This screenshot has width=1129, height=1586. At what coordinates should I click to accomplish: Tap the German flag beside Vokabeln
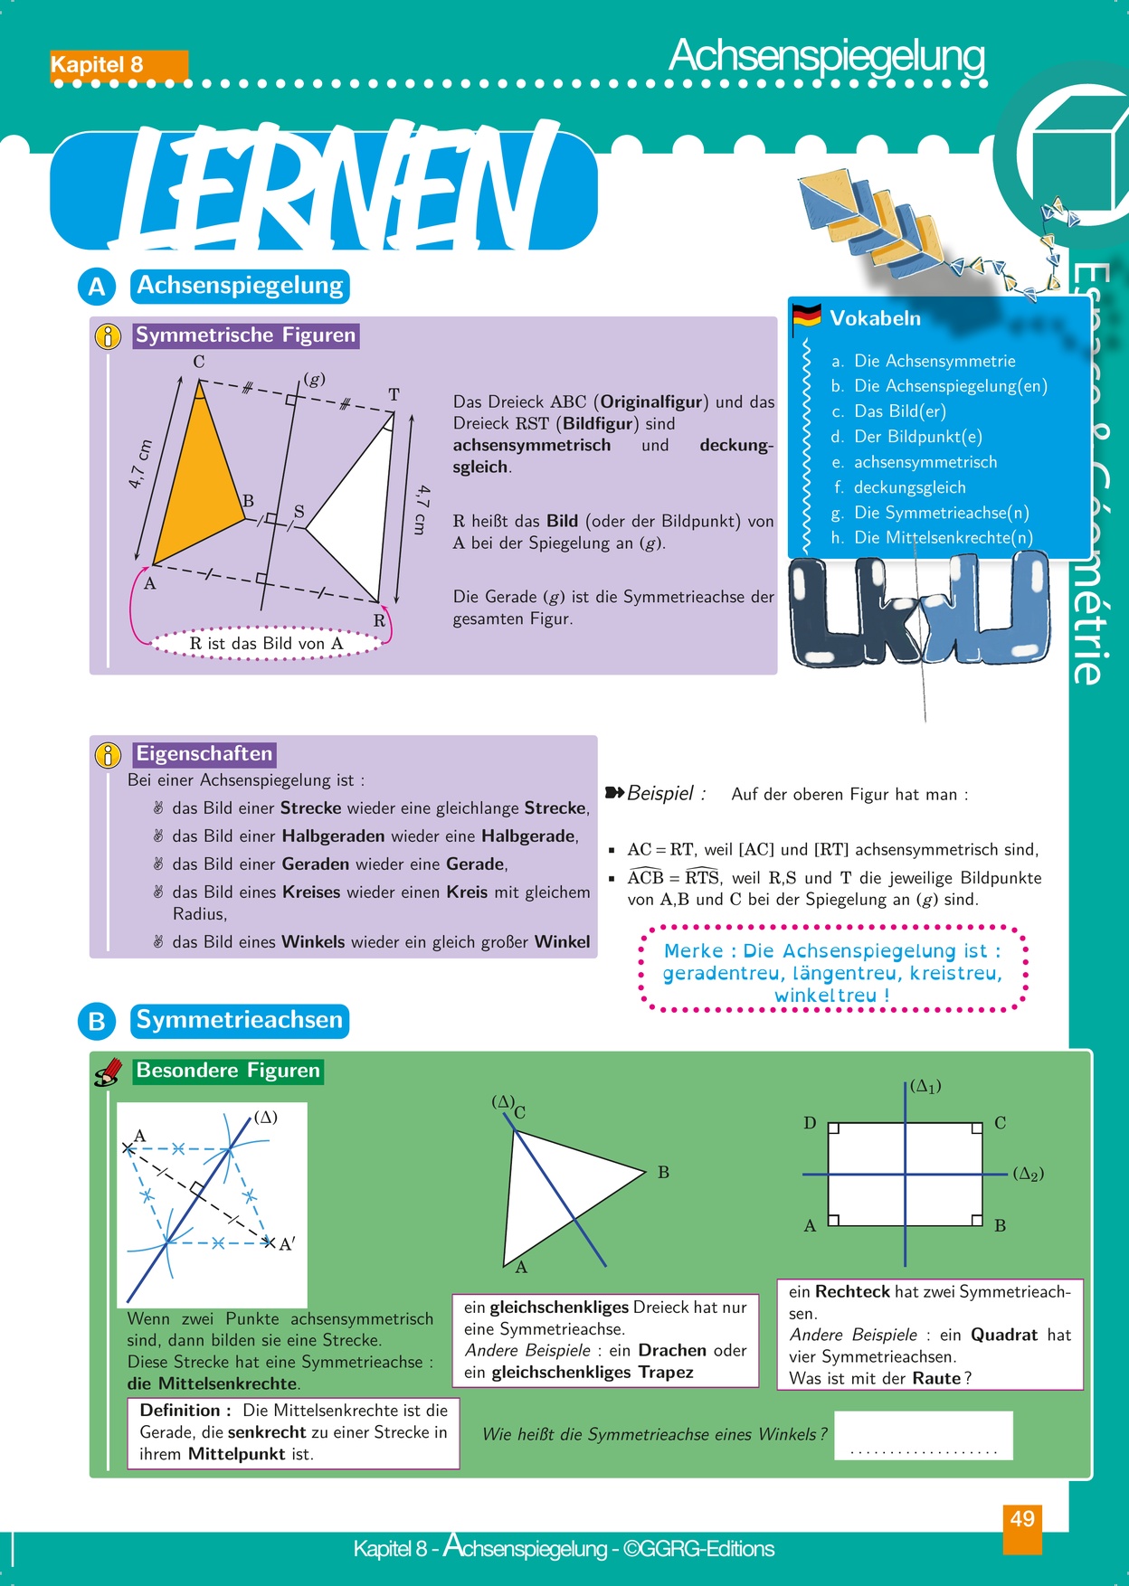point(806,317)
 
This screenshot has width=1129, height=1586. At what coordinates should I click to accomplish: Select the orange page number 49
point(1022,1519)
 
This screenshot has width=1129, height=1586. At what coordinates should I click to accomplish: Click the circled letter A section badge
point(97,287)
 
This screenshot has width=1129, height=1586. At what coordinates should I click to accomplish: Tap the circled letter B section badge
point(97,1022)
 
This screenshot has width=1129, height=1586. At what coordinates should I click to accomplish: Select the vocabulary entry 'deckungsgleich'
point(909,487)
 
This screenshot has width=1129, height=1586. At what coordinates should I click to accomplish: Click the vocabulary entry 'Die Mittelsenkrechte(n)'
point(943,537)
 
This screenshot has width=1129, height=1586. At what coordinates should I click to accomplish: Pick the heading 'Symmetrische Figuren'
point(245,335)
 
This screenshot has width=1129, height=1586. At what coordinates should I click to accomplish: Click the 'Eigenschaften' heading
point(204,754)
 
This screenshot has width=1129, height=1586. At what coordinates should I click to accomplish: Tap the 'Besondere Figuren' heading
point(228,1071)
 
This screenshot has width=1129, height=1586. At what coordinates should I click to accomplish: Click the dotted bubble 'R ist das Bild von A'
point(266,644)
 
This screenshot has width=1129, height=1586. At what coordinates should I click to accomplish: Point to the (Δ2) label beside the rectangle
point(1028,1174)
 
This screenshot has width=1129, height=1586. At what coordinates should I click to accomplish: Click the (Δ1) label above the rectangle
point(925,1086)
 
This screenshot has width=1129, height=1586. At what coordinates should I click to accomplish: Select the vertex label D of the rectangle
point(810,1123)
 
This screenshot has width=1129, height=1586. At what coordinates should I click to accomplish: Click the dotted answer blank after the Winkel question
point(923,1437)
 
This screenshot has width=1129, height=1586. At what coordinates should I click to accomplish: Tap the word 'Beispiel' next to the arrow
point(660,794)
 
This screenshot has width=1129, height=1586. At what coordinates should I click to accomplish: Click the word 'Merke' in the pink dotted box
point(693,951)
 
